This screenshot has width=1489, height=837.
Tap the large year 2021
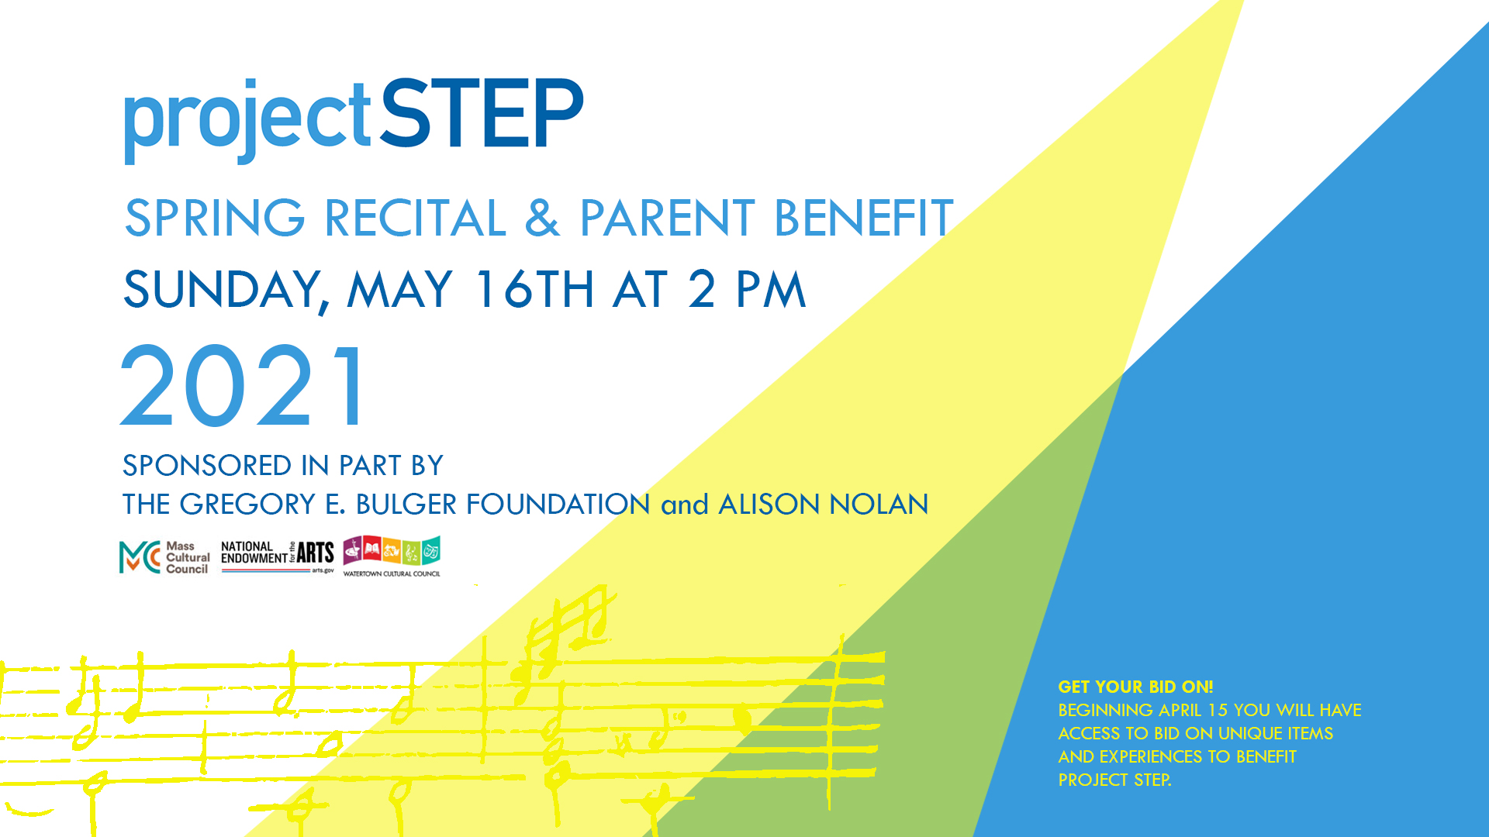[x=242, y=387]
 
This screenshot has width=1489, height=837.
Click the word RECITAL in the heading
[x=416, y=218]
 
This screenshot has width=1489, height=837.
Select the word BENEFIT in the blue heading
[x=863, y=218]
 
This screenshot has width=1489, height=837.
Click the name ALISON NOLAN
[x=824, y=505]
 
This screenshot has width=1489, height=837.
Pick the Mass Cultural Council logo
[x=164, y=557]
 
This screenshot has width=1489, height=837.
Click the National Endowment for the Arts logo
[x=278, y=557]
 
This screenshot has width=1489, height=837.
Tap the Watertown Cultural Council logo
[x=392, y=556]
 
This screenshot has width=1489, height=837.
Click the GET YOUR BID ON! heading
[x=1135, y=687]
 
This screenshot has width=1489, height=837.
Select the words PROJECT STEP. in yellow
[x=1114, y=780]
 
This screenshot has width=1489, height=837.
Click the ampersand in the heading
[x=542, y=218]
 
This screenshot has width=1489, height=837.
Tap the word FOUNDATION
[x=558, y=505]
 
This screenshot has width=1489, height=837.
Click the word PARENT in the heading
[x=668, y=218]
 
